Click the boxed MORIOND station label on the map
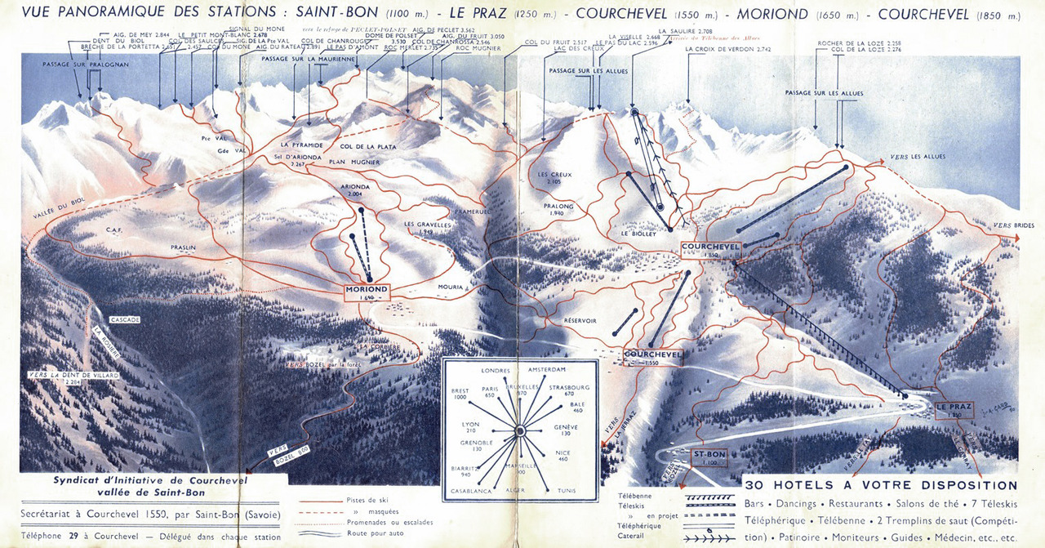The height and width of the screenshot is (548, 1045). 367,290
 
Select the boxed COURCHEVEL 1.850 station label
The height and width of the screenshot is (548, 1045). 709,248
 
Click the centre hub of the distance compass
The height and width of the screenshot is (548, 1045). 519,432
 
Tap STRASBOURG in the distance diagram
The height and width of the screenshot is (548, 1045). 570,386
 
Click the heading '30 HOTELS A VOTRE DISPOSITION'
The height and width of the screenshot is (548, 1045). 881,485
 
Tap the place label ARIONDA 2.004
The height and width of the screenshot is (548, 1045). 356,190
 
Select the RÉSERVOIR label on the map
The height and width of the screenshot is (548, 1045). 580,321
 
